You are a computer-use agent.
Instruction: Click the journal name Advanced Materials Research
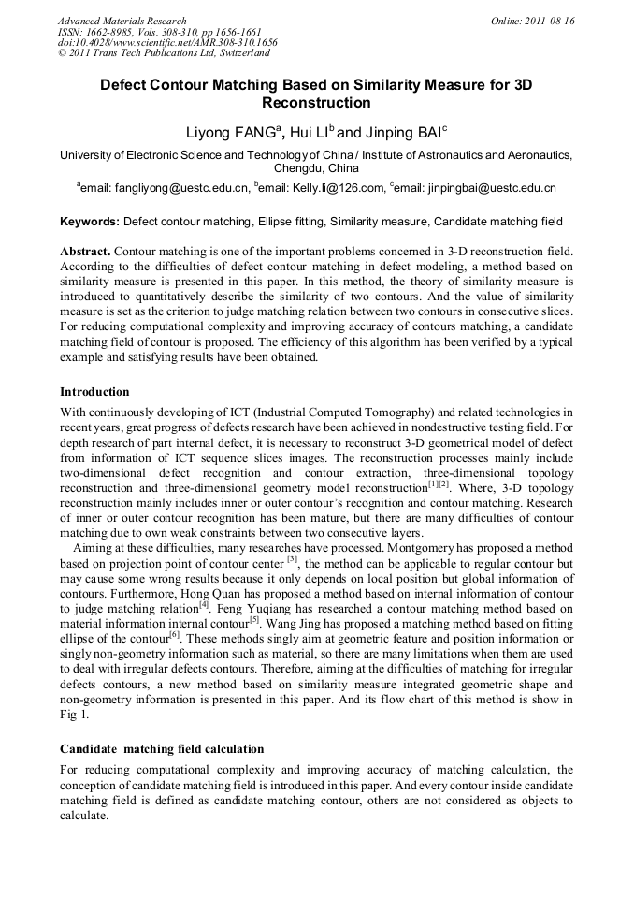pyautogui.click(x=122, y=21)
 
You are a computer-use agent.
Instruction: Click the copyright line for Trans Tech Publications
pyautogui.click(x=164, y=53)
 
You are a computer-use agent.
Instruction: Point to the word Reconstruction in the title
pyautogui.click(x=316, y=103)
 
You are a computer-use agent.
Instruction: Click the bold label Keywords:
pyautogui.click(x=90, y=222)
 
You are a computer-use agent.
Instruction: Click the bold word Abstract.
pyautogui.click(x=85, y=253)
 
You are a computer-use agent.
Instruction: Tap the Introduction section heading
pyautogui.click(x=94, y=391)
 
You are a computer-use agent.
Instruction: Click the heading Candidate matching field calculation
pyautogui.click(x=162, y=748)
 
